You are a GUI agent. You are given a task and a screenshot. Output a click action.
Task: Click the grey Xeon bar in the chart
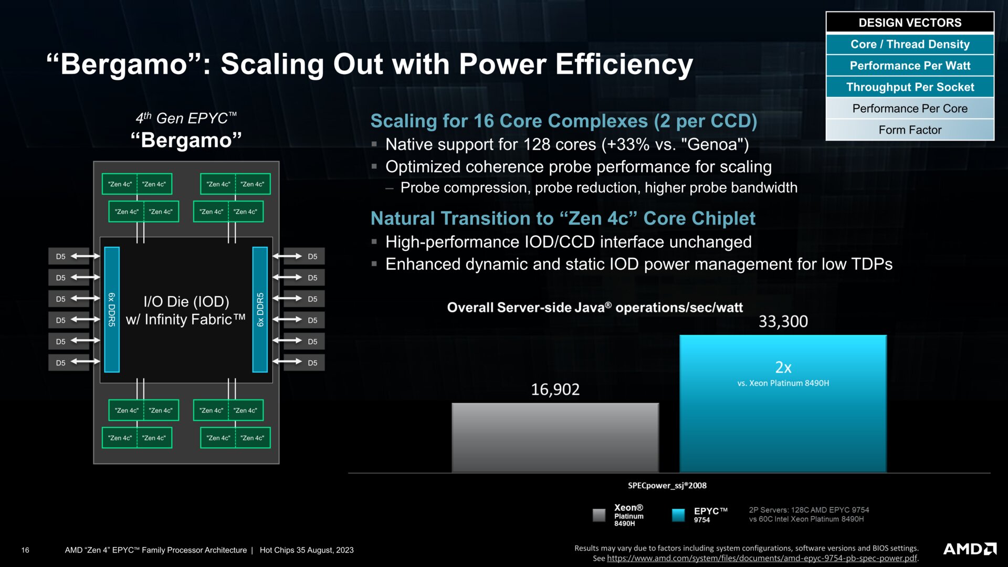(x=555, y=438)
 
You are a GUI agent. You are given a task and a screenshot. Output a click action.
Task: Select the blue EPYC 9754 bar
(x=783, y=404)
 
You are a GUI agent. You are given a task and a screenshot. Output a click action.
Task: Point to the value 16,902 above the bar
(x=555, y=390)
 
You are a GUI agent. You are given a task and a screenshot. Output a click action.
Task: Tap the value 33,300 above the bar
(x=783, y=321)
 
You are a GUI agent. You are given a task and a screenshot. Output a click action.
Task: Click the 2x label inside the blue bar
(x=783, y=367)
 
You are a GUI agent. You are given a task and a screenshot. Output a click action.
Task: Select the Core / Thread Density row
(x=910, y=44)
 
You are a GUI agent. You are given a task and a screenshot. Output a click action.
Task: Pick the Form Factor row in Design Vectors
(x=910, y=130)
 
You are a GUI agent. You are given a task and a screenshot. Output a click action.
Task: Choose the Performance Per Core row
(x=910, y=108)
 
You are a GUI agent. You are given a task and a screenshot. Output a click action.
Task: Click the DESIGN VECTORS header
(x=910, y=23)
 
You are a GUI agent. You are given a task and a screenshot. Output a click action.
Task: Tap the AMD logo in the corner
(x=970, y=549)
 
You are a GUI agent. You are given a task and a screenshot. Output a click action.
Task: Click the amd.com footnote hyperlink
(x=762, y=558)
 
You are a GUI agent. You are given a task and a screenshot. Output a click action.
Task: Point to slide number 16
(x=25, y=550)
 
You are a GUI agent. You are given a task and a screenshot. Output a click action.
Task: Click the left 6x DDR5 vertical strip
(x=112, y=310)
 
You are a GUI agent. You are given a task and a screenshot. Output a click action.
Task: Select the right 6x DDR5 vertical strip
(x=260, y=310)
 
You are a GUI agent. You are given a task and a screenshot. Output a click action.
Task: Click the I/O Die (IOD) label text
(x=186, y=301)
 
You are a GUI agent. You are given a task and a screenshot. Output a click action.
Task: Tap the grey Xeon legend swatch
(x=599, y=515)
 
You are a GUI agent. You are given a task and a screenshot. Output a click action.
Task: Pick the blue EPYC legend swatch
(x=678, y=515)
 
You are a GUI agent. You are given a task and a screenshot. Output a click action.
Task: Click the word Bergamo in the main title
(x=124, y=64)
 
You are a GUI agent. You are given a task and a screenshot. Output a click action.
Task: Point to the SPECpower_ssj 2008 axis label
(x=667, y=486)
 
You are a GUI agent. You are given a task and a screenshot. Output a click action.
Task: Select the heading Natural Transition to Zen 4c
(x=563, y=218)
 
